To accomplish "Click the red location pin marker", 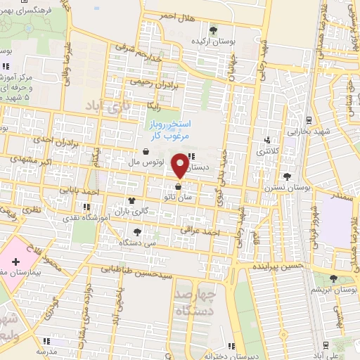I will coord(181,165).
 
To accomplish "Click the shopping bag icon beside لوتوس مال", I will coord(146,151).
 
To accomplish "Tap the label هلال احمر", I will coord(174,15).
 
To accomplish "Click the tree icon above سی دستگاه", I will coord(136,231).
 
